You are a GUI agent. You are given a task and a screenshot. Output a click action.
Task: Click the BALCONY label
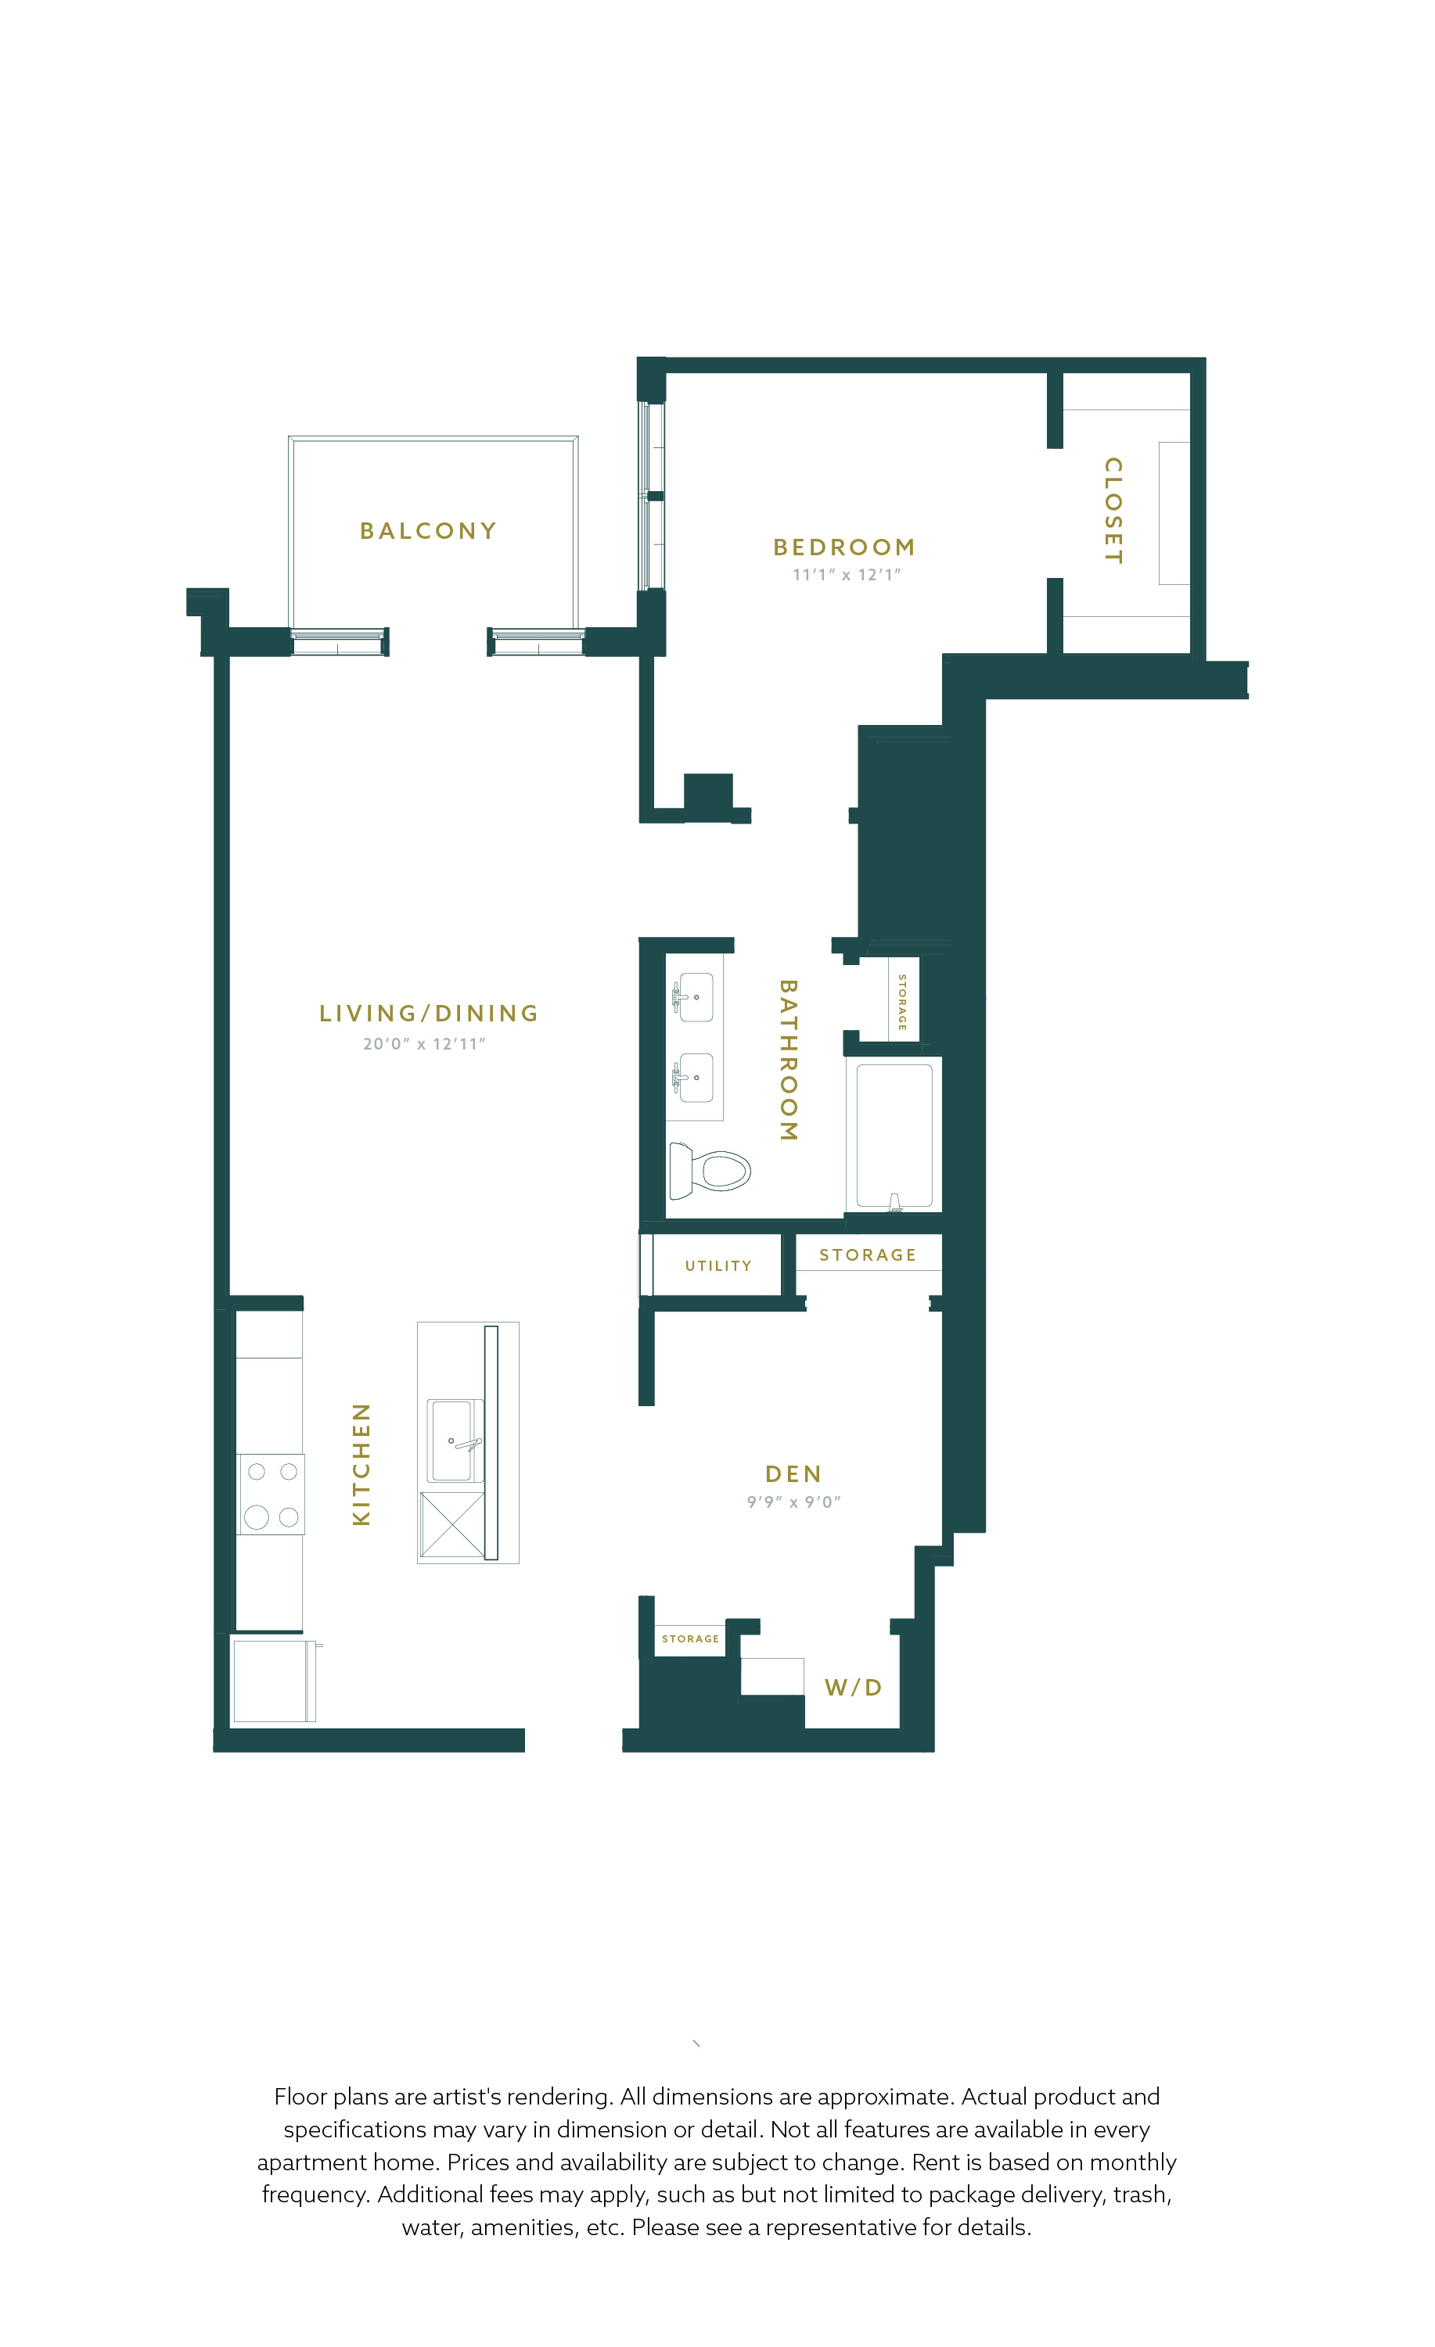click(428, 530)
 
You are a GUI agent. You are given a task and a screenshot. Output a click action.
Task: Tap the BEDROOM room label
click(844, 547)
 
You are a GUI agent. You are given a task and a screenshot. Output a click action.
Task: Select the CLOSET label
click(1113, 511)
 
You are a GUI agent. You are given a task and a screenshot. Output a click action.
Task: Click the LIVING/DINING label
click(429, 1014)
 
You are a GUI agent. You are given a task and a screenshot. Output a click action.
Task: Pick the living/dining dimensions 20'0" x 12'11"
click(424, 1044)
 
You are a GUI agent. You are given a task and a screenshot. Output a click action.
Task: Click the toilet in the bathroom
click(710, 1171)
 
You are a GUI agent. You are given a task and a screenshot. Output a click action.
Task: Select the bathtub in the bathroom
click(894, 1136)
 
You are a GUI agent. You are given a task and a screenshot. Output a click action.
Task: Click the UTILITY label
click(718, 1266)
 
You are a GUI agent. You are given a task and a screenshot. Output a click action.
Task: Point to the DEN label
click(793, 1474)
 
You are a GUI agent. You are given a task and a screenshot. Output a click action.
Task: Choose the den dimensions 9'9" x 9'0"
click(793, 1502)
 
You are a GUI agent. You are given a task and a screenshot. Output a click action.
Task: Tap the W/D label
click(854, 1688)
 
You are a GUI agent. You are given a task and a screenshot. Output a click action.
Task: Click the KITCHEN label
click(361, 1464)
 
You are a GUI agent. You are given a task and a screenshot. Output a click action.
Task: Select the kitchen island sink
click(455, 1441)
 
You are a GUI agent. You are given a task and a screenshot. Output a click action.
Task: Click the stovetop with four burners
click(272, 1495)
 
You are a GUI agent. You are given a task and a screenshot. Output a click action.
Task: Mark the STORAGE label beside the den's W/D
click(691, 1639)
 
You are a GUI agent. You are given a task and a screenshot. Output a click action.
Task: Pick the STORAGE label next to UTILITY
click(868, 1255)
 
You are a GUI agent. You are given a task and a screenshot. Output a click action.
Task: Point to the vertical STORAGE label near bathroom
click(902, 1002)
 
